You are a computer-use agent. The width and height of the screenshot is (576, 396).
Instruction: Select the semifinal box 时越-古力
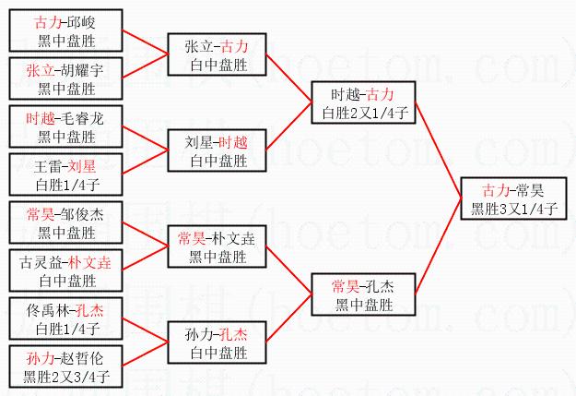pyautogui.click(x=360, y=103)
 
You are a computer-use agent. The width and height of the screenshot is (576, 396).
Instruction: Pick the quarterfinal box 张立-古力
pyautogui.click(x=217, y=54)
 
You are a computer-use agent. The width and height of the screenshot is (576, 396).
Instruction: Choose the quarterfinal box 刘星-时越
pyautogui.click(x=217, y=150)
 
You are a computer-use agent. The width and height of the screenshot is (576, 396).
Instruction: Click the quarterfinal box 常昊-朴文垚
pyautogui.click(x=217, y=246)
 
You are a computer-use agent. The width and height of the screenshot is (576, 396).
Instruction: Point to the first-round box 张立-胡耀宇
pyautogui.click(x=66, y=78)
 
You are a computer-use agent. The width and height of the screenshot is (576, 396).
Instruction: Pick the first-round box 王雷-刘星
pyautogui.click(x=66, y=174)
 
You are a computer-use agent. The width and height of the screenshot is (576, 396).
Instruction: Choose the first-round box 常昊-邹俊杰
pyautogui.click(x=66, y=222)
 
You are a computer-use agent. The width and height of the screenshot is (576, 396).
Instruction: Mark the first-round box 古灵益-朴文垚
pyautogui.click(x=66, y=270)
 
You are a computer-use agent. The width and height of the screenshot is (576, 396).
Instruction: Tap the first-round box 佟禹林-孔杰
pyautogui.click(x=66, y=318)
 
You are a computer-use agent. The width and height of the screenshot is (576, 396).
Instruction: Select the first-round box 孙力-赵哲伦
pyautogui.click(x=66, y=366)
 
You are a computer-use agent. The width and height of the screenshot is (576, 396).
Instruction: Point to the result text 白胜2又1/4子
pyautogui.click(x=360, y=114)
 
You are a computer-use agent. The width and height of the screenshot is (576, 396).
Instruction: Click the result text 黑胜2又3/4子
pyautogui.click(x=66, y=377)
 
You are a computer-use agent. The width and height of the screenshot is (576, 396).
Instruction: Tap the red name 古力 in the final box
pyautogui.click(x=495, y=190)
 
